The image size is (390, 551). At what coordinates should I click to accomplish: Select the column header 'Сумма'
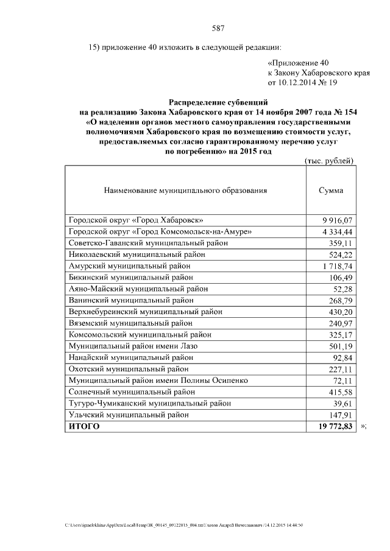click(x=331, y=191)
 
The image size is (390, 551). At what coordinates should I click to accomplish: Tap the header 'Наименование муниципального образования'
click(x=185, y=191)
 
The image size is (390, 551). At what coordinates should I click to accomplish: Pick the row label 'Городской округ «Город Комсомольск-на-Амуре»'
click(x=160, y=231)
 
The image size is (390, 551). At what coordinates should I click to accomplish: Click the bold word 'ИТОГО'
click(x=84, y=427)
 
